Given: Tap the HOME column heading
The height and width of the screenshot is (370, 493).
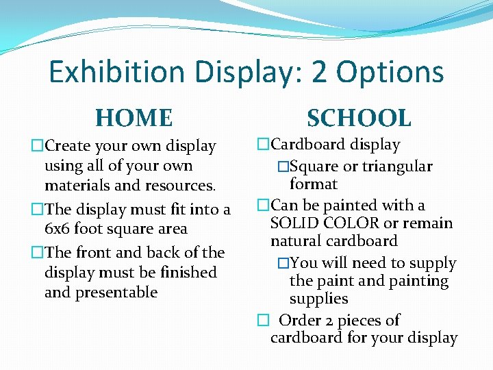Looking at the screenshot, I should (134, 118).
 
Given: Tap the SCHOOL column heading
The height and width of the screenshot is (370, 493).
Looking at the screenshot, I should (359, 118).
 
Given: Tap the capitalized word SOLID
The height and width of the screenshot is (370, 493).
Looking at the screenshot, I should (294, 223).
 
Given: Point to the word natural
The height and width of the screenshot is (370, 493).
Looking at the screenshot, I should (294, 241).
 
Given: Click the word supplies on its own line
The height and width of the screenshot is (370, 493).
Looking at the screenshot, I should (318, 299).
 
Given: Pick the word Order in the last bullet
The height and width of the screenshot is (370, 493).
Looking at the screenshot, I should (302, 320).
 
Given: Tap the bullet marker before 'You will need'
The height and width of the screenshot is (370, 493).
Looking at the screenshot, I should (282, 264).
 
